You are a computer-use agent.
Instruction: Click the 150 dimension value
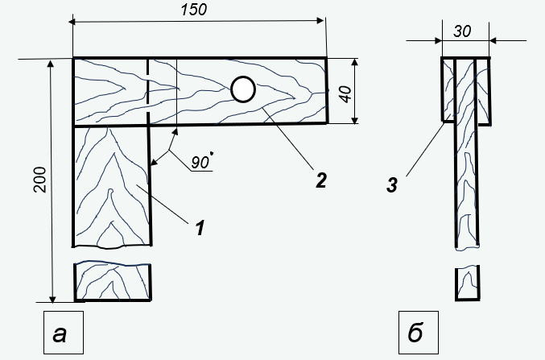194,10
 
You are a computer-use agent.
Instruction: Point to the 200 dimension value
40,180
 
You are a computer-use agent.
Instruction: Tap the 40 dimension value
346,94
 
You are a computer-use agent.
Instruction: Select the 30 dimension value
462,31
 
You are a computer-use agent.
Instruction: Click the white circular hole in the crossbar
243,89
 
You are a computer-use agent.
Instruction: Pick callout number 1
200,228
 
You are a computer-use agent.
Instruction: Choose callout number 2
321,180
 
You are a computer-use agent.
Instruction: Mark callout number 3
392,185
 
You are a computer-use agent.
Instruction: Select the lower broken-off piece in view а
112,281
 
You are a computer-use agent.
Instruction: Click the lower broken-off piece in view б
468,283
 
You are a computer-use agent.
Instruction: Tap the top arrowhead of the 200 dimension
51,64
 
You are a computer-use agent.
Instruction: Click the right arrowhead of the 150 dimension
320,20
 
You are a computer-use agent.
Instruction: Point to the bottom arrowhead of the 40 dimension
354,119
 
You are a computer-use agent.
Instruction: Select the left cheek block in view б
448,89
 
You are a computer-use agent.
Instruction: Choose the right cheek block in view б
484,91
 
